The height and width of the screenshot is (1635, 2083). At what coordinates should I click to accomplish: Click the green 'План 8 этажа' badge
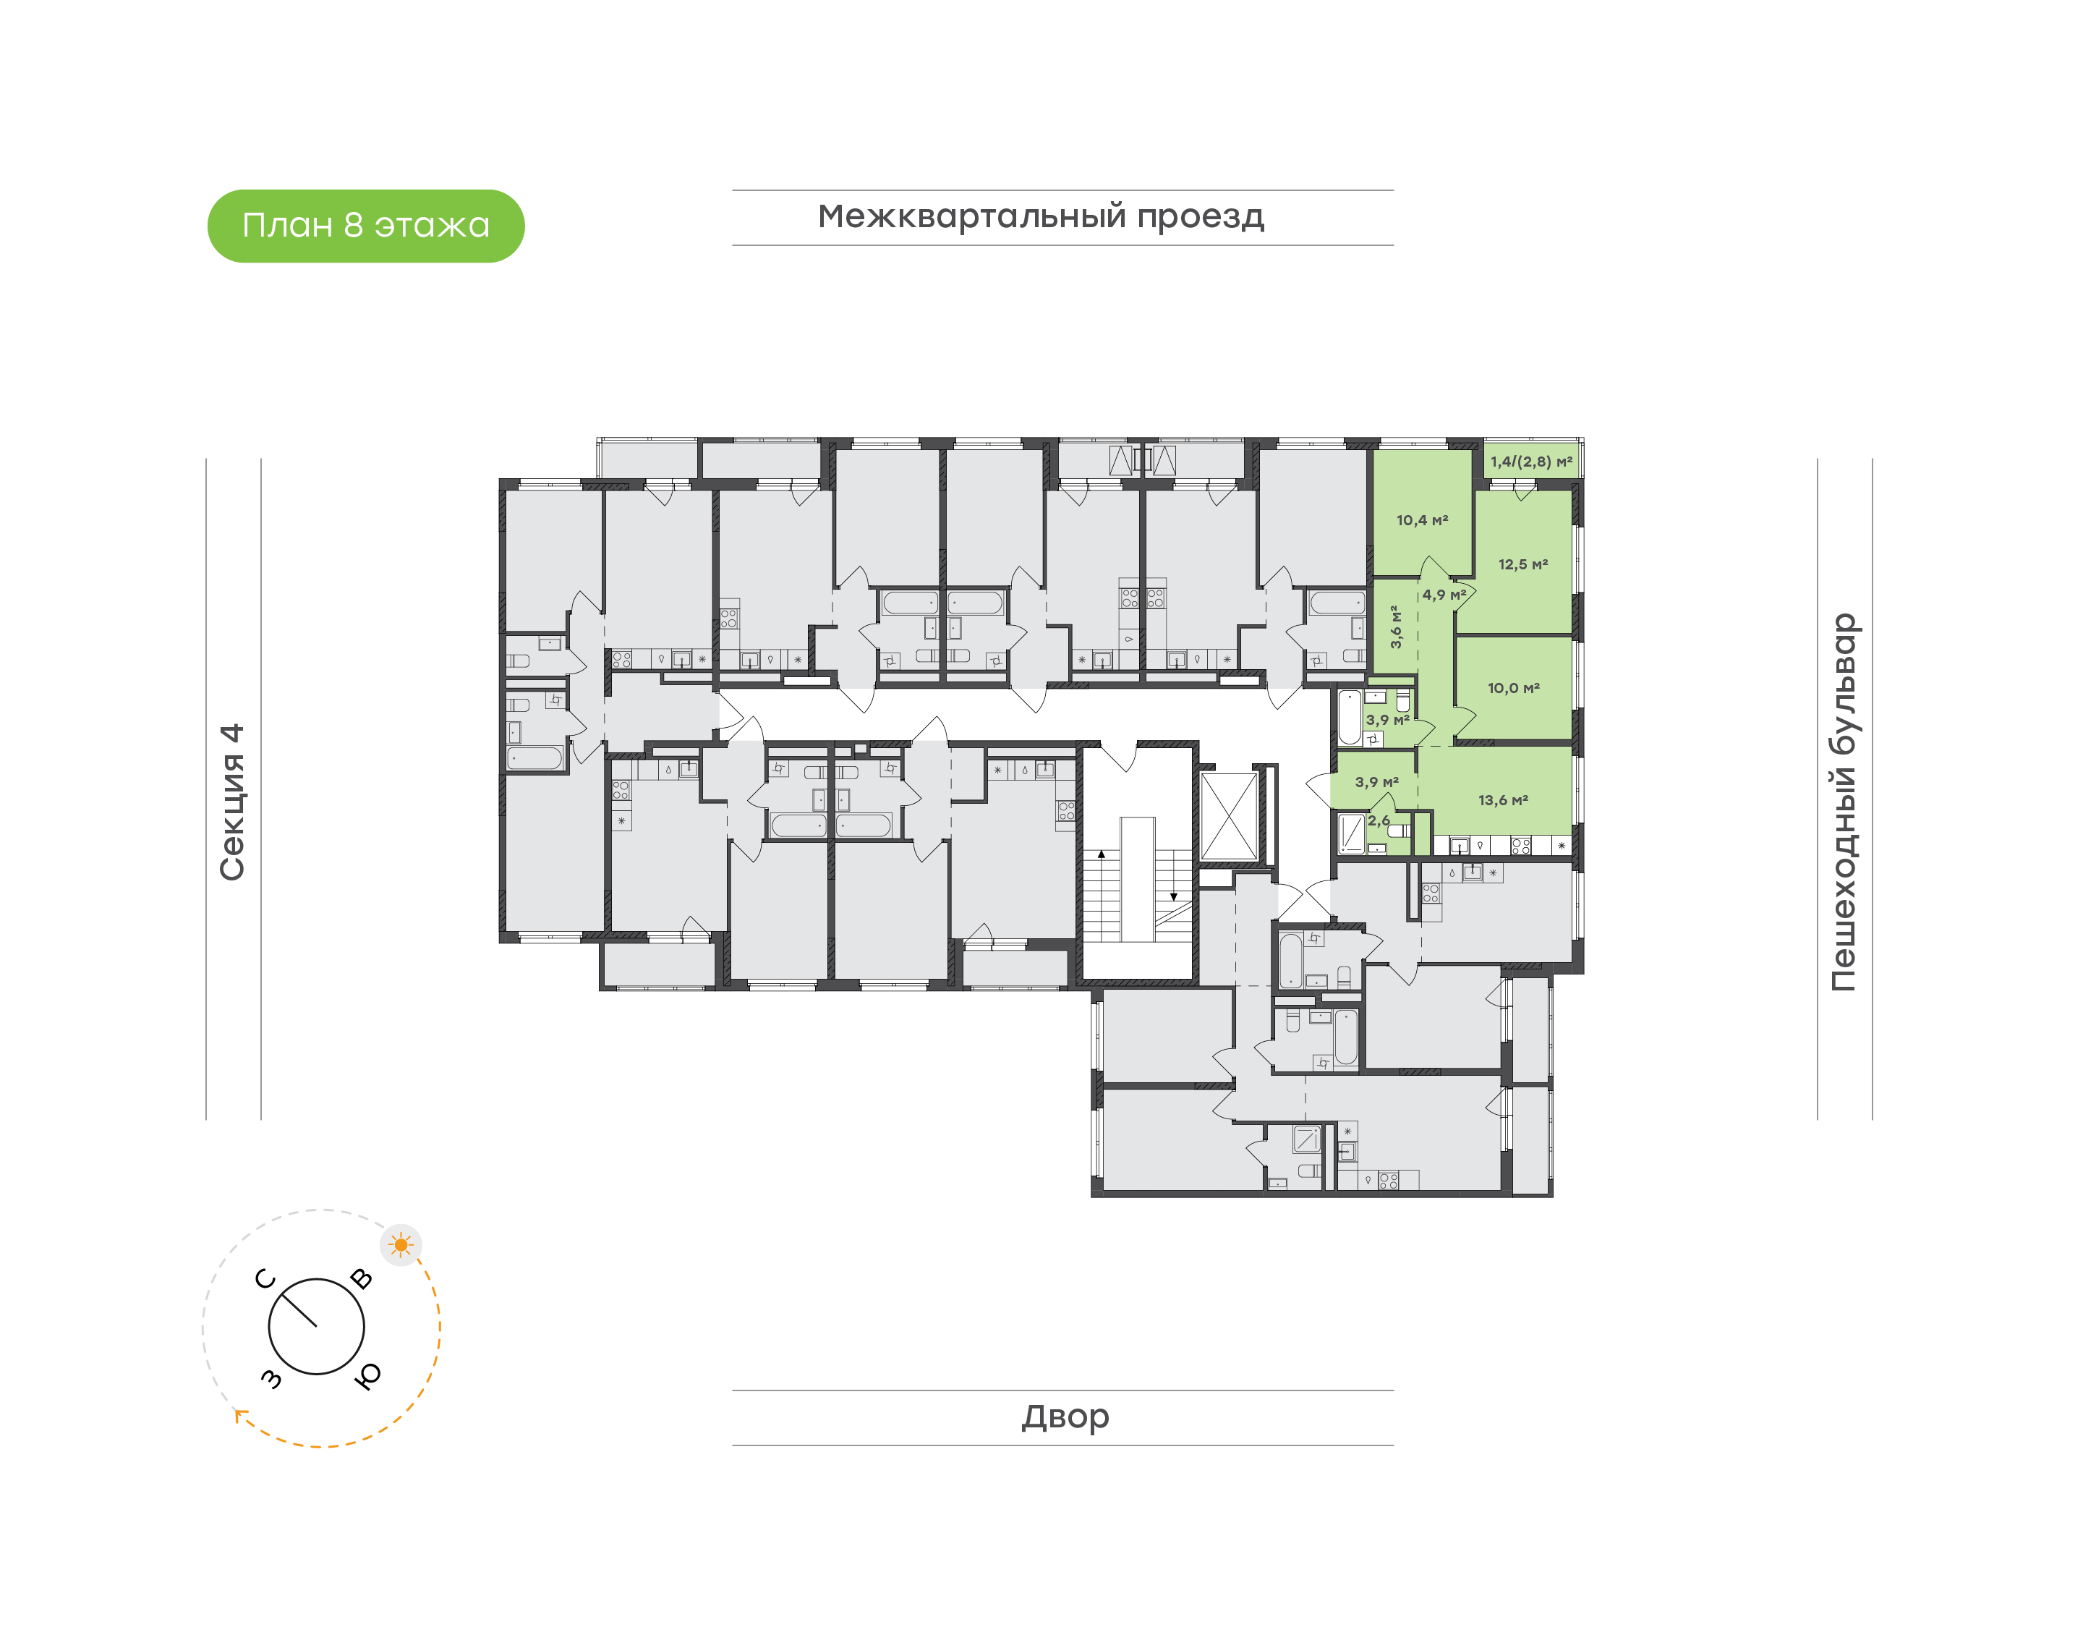(x=365, y=226)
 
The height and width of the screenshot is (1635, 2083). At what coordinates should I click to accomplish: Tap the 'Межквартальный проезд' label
(x=1041, y=216)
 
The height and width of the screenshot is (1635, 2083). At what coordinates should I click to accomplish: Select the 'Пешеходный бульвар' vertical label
(x=1843, y=802)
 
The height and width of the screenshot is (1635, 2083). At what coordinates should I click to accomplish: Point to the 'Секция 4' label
(x=232, y=802)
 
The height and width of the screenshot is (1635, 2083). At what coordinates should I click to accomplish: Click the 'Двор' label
(x=1065, y=1416)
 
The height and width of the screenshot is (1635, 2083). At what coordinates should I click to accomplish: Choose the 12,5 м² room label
(x=1523, y=565)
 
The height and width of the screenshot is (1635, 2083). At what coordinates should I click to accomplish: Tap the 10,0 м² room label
(x=1514, y=688)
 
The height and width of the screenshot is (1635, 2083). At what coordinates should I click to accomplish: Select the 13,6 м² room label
(x=1503, y=800)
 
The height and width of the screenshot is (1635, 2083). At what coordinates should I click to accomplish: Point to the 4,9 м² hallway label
(x=1444, y=595)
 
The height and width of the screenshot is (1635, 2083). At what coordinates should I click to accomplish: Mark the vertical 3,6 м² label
(x=1396, y=627)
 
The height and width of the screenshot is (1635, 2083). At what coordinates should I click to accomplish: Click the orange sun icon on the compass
(x=401, y=1245)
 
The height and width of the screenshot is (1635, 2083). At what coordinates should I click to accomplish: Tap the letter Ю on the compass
(x=367, y=1375)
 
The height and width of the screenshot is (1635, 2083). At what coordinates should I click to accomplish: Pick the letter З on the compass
(x=272, y=1377)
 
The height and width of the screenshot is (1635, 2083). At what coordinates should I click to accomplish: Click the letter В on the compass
(x=362, y=1279)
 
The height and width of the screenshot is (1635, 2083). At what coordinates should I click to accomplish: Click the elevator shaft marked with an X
(x=1229, y=817)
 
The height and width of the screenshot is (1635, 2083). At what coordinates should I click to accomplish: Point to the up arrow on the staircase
(x=1102, y=854)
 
